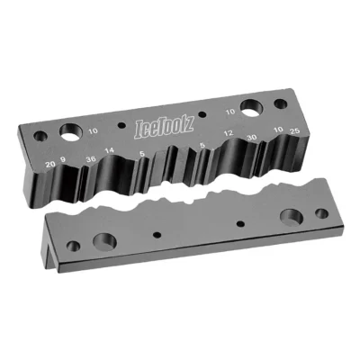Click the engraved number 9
pyautogui.click(x=63, y=162)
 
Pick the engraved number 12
pyautogui.click(x=230, y=134)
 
